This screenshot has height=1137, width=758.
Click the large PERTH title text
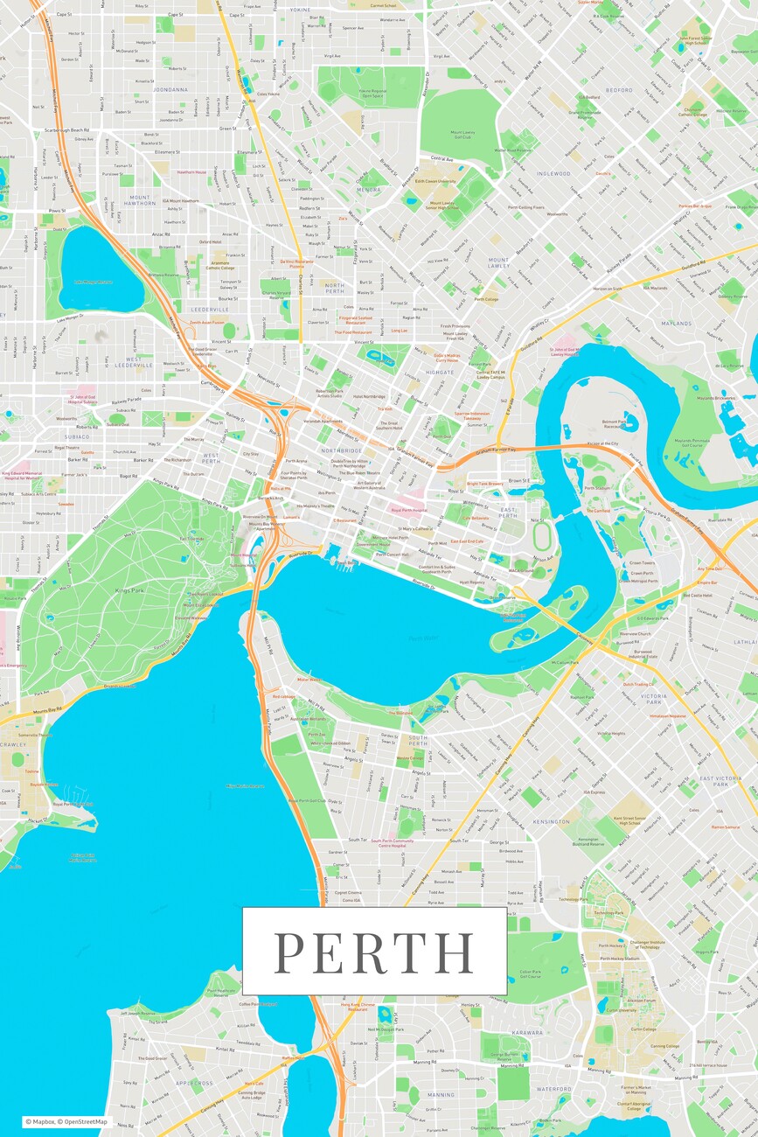coord(374,952)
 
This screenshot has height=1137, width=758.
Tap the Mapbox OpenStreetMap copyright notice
coord(66,1121)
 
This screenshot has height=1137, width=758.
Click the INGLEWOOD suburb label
coord(553,173)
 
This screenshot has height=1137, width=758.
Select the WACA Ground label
coord(522,570)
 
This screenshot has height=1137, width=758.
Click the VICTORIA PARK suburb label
coord(653,697)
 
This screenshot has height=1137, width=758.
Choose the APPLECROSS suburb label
coord(194,1083)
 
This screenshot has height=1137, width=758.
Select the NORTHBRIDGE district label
coord(341,450)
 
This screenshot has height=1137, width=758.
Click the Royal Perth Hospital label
coord(408,509)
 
